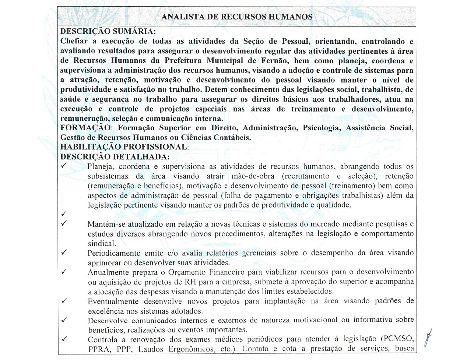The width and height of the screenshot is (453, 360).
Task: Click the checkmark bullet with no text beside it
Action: pyautogui.click(x=64, y=213)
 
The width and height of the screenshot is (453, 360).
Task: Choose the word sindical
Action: pyautogui.click(x=102, y=243)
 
